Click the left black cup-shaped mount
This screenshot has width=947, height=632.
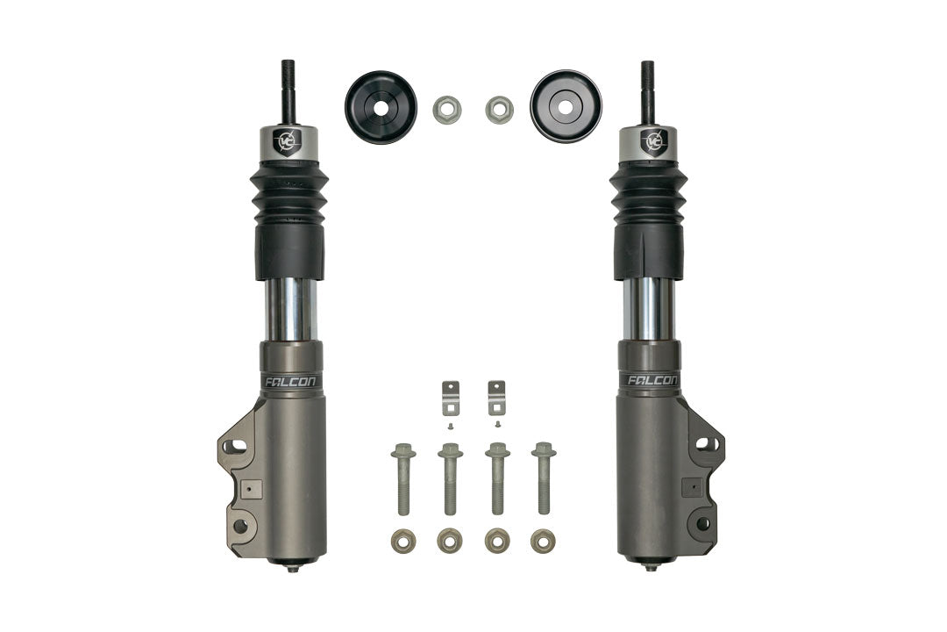[381, 107]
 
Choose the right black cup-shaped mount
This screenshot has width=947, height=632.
[566, 107]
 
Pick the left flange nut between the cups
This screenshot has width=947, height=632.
[447, 110]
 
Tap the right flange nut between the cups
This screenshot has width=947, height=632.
[499, 110]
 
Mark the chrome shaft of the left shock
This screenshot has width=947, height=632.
[289, 310]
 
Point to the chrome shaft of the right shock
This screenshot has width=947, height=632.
[650, 310]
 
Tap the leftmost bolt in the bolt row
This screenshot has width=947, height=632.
[403, 478]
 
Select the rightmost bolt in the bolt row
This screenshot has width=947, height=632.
[543, 478]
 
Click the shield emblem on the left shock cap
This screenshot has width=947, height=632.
[287, 140]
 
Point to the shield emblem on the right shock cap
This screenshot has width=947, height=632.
[653, 140]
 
